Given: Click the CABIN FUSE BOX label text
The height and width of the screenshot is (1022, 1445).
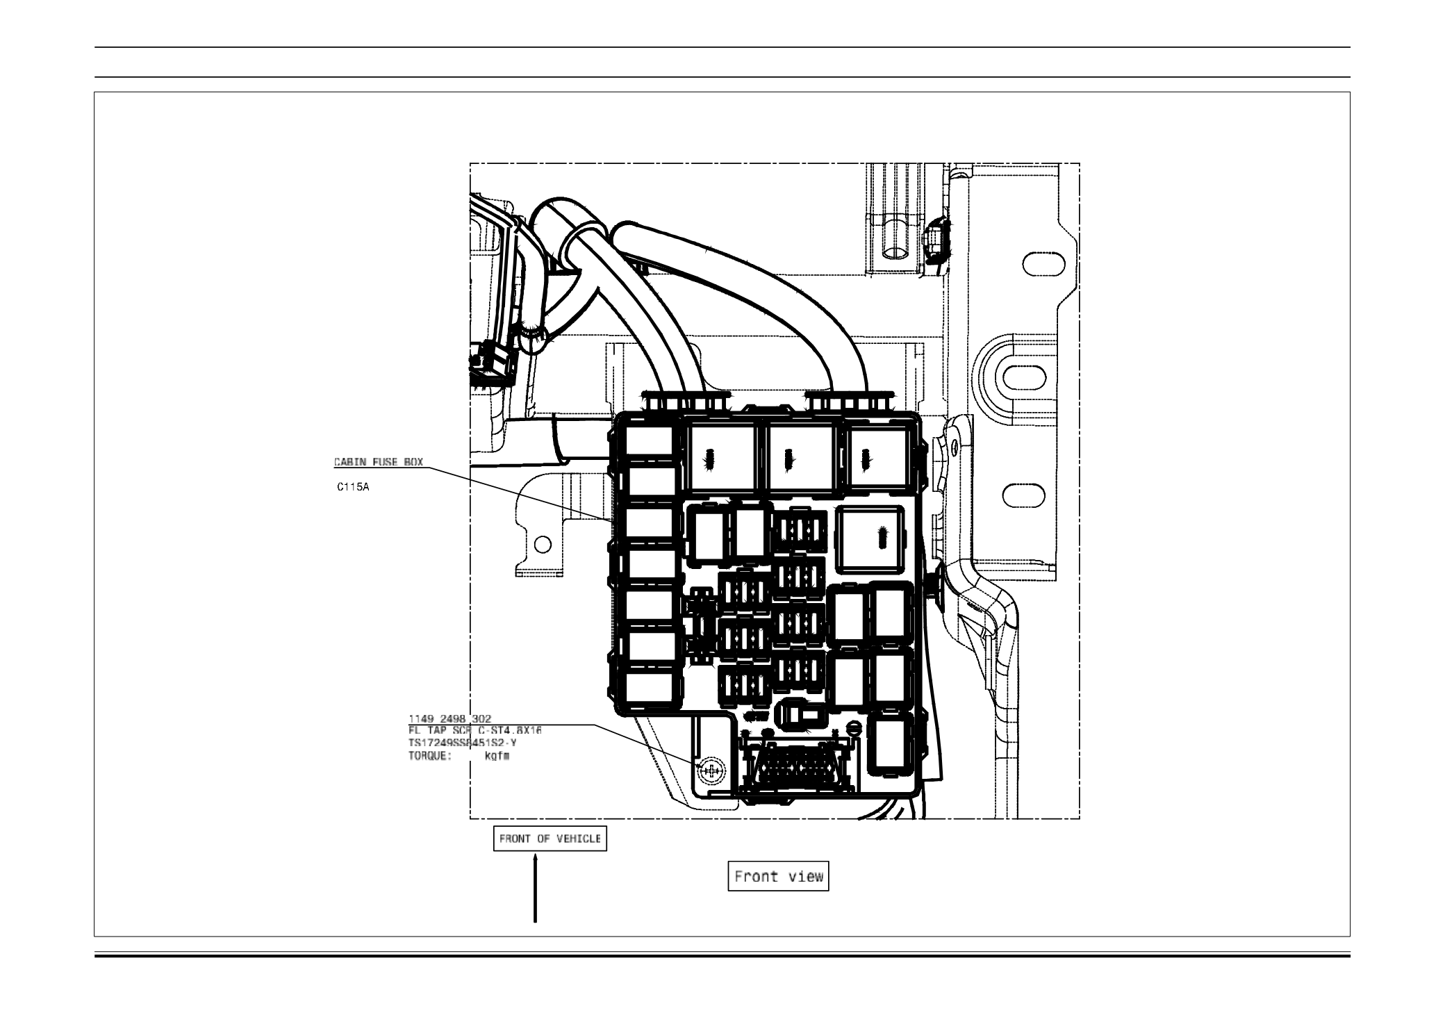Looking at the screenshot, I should (378, 462).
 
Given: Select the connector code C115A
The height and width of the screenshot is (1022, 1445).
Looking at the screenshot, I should (353, 488).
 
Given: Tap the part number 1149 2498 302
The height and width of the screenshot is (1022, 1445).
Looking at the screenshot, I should (449, 719).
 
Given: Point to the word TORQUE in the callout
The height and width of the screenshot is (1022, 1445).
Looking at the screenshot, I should (429, 757).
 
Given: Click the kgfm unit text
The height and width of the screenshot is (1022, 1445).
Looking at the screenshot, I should (497, 757).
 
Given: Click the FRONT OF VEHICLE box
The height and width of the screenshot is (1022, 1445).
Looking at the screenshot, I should (550, 839).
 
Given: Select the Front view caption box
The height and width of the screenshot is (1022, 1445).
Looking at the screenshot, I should (778, 877).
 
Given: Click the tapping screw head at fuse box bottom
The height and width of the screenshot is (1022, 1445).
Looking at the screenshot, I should (711, 769).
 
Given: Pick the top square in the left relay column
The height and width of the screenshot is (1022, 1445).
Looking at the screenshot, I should (650, 443).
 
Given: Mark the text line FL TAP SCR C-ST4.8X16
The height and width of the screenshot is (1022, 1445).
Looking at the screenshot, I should (475, 731).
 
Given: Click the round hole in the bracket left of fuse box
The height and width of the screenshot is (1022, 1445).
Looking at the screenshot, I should (543, 544).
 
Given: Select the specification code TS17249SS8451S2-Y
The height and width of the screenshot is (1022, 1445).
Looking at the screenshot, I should (463, 743).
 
